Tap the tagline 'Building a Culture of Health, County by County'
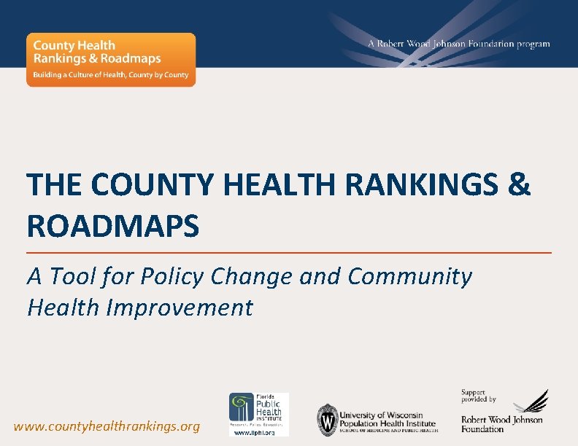tap(110, 75)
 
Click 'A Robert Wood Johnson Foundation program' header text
tap(458, 44)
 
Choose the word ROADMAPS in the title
tap(113, 227)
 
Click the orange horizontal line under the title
tap(289, 252)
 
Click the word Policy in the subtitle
tap(172, 277)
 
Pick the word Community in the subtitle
tap(409, 277)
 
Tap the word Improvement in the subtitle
tap(180, 308)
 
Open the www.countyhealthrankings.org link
tap(107, 426)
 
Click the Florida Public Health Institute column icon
tap(242, 406)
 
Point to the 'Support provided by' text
tap(478, 396)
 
